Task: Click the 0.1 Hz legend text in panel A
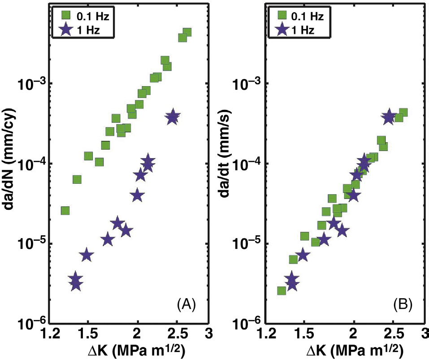click(x=90, y=17)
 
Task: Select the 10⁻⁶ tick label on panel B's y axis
click(x=247, y=324)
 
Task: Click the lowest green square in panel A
click(x=65, y=211)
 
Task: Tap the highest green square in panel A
click(x=187, y=32)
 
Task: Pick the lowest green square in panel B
click(x=282, y=291)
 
